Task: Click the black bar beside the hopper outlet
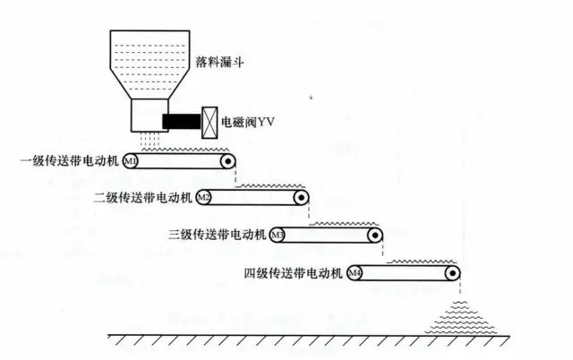pos(182,119)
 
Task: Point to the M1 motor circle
pos(130,162)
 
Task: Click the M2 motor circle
pos(203,197)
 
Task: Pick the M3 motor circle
pos(278,235)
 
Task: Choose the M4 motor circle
pos(355,272)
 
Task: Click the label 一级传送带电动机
pos(71,162)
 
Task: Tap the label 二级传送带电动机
pos(144,197)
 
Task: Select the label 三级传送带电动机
pos(218,235)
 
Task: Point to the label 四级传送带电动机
pos(295,272)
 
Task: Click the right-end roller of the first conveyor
pos(228,162)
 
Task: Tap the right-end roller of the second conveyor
pos(303,197)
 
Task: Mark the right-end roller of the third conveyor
pos(377,235)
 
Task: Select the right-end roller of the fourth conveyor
pos(454,272)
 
